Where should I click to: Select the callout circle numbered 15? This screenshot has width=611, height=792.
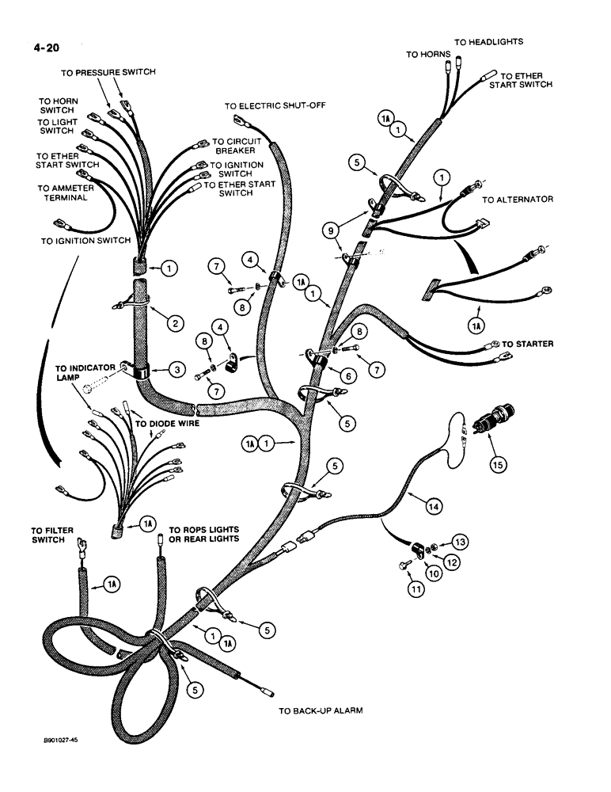coord(497,465)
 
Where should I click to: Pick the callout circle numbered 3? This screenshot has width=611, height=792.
coord(165,369)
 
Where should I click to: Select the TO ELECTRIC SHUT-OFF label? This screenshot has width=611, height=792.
coord(275,105)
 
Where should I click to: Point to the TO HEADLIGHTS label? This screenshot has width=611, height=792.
coord(488,41)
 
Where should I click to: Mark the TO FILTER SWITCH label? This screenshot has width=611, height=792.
coord(49,535)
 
